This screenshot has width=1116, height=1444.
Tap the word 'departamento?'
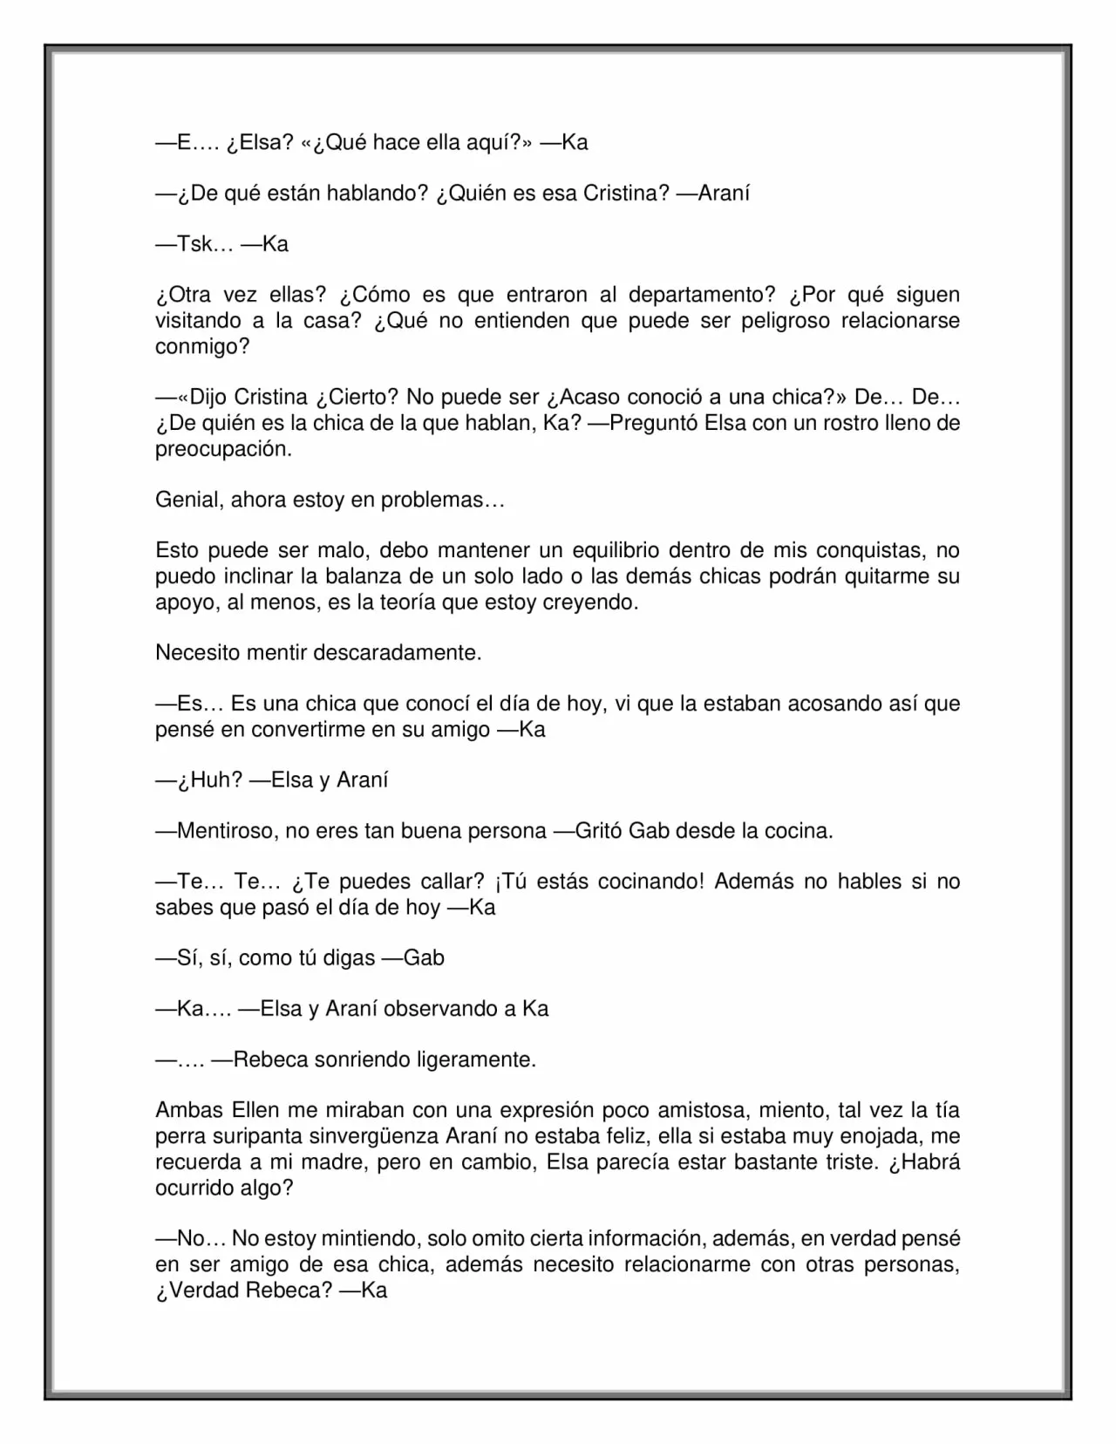click(702, 295)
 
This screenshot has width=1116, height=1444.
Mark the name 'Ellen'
click(255, 1110)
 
